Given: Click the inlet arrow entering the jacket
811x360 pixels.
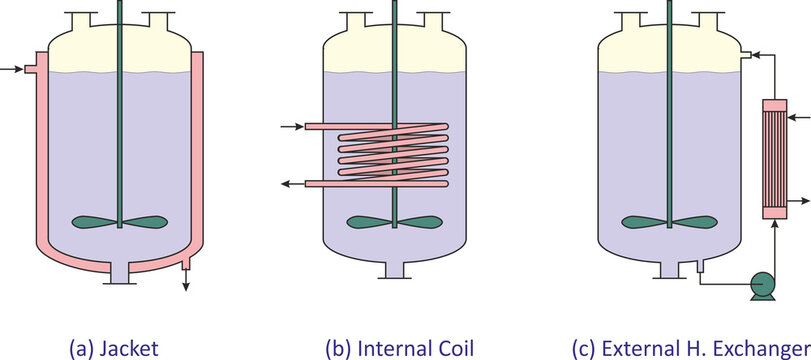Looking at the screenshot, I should point(11,69).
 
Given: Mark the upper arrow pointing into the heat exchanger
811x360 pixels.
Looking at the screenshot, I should point(799,118).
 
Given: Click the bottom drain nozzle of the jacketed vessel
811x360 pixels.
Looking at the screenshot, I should point(120,272).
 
